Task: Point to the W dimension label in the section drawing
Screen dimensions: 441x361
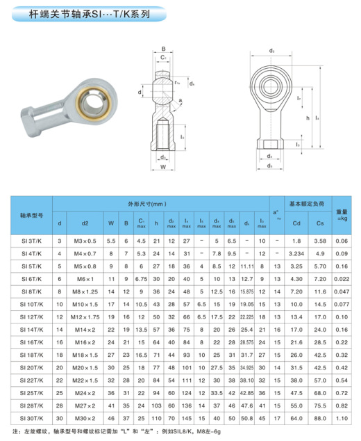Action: point(162,167)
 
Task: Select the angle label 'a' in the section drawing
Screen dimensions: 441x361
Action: point(182,100)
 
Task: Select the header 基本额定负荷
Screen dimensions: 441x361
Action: point(305,204)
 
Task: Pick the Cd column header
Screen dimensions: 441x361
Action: point(296,223)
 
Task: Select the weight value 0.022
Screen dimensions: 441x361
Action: point(341,278)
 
